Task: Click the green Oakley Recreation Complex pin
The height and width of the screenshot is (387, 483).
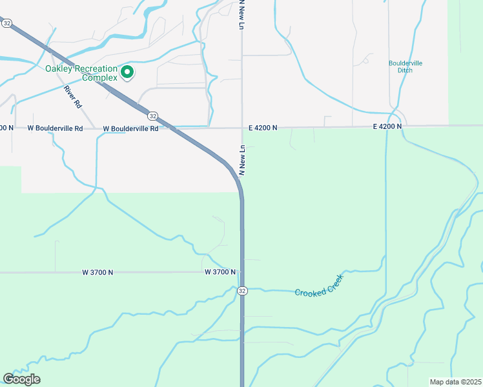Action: (x=127, y=72)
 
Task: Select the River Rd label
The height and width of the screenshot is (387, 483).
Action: (x=73, y=96)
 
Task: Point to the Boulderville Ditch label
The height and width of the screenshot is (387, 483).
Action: (x=406, y=66)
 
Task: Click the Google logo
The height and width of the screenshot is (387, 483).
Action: (x=21, y=379)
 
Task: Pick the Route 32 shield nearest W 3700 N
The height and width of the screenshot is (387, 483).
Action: (x=241, y=291)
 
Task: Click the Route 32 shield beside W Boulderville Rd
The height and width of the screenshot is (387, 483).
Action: (x=152, y=115)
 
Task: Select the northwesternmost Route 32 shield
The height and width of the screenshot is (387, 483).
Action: (x=6, y=23)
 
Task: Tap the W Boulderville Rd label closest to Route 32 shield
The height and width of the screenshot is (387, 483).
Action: (x=130, y=128)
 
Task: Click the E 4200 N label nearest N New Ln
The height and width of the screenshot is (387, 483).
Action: (x=263, y=128)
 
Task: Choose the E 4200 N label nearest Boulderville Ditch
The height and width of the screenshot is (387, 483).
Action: (x=387, y=127)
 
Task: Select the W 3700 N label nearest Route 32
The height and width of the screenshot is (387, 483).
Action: (x=220, y=272)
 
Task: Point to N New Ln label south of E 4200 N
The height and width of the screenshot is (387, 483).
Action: (x=243, y=161)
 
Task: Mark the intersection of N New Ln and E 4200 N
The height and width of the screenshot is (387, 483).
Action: (x=242, y=127)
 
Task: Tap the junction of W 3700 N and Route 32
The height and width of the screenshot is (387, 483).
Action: (x=242, y=272)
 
